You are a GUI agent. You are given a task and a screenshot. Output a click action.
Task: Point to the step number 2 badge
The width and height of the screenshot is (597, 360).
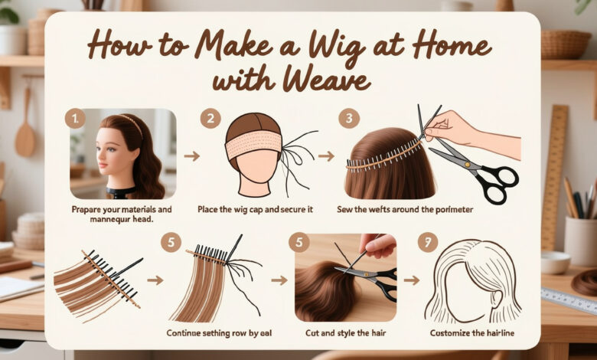point(210,119)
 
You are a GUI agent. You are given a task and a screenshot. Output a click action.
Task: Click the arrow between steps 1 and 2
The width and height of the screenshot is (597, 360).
point(192,156)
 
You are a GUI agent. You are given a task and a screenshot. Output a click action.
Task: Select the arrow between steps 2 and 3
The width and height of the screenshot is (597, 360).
point(327,156)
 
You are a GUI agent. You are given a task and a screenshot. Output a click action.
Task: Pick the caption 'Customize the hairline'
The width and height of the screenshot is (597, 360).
point(470,333)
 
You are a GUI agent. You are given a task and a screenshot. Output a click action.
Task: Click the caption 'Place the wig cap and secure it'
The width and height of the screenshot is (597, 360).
point(259,209)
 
